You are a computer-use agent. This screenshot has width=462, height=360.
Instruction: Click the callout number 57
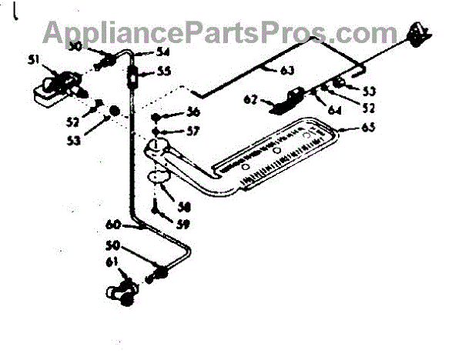192,131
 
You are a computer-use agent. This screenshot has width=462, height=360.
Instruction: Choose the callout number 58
185,207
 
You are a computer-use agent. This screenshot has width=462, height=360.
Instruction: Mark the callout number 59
182,225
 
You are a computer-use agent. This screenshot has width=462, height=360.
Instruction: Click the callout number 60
114,225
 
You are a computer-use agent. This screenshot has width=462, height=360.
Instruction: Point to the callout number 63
286,72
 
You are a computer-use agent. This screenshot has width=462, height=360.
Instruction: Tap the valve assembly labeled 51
57,85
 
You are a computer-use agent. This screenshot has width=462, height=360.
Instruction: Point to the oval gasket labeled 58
160,178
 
